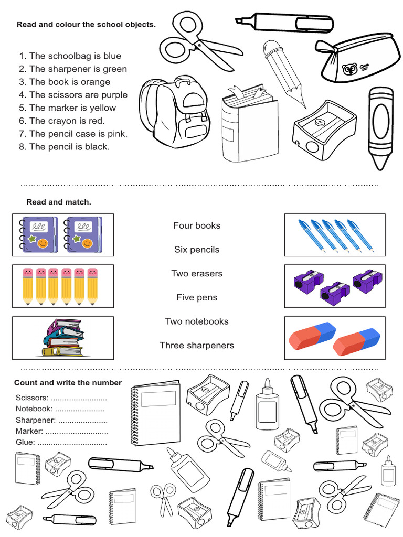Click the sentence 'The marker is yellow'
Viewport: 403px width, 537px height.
click(x=72, y=108)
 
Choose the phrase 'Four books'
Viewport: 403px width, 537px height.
click(x=197, y=226)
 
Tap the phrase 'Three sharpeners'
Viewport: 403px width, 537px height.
click(x=197, y=346)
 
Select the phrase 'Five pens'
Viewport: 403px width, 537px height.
click(x=197, y=298)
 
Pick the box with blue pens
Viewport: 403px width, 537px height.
click(x=334, y=234)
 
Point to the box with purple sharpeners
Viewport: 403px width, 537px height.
click(x=334, y=286)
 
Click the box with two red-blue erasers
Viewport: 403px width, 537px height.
click(x=334, y=338)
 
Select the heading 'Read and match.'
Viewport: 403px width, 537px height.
click(x=59, y=202)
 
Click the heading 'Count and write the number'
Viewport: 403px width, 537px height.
click(x=68, y=383)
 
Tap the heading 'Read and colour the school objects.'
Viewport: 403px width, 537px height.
click(x=86, y=25)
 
